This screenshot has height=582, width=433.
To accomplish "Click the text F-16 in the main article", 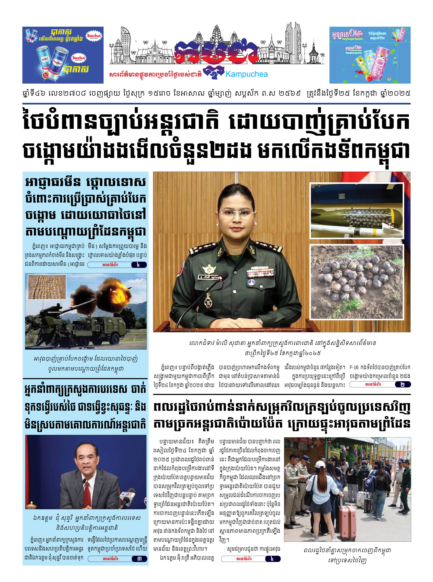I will [x=354, y=367].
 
